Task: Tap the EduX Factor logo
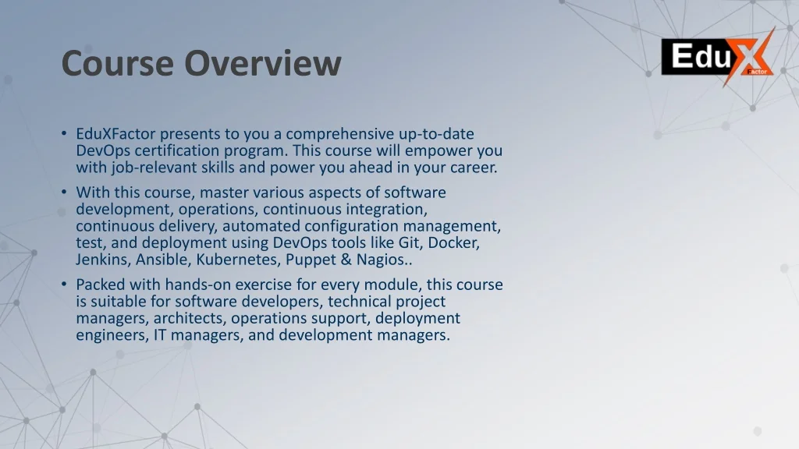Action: (718, 57)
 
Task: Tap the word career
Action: (470, 168)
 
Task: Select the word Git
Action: (412, 242)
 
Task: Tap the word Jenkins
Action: (103, 260)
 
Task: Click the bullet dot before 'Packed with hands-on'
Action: (63, 285)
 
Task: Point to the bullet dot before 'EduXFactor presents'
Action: (63, 134)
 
